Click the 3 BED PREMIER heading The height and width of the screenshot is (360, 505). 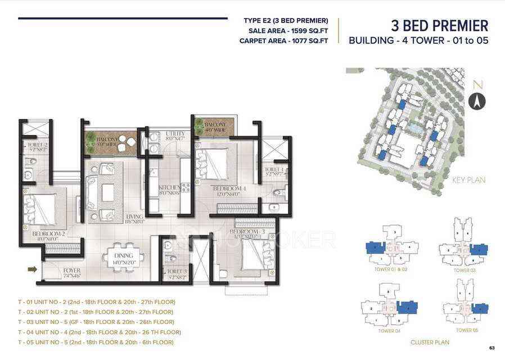coord(439,26)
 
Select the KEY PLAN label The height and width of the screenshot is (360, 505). coord(468,181)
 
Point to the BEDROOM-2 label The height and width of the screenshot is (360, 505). coord(44,233)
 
